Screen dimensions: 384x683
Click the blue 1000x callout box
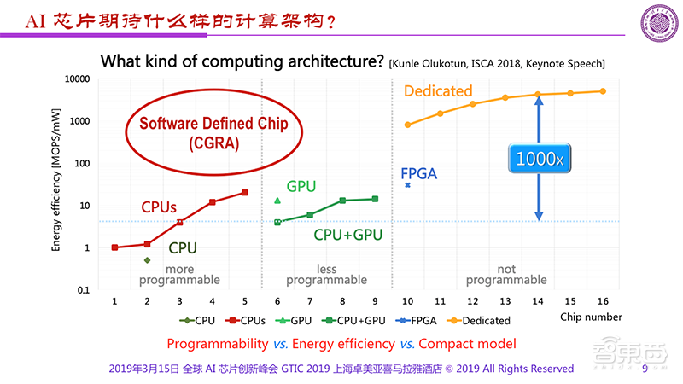pos(538,158)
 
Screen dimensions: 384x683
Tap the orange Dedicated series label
pos(438,90)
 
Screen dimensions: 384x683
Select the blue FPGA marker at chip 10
pos(408,184)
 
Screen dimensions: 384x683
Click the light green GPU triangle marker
pos(277,201)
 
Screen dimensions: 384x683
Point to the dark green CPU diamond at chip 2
pos(147,260)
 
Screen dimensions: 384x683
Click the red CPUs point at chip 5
pos(245,192)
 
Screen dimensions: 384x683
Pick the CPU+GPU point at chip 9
pos(376,199)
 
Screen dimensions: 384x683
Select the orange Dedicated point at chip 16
pos(603,91)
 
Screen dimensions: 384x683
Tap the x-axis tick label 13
pos(505,302)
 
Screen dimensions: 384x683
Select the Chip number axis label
pos(591,317)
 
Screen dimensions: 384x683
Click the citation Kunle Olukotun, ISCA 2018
pos(495,63)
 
